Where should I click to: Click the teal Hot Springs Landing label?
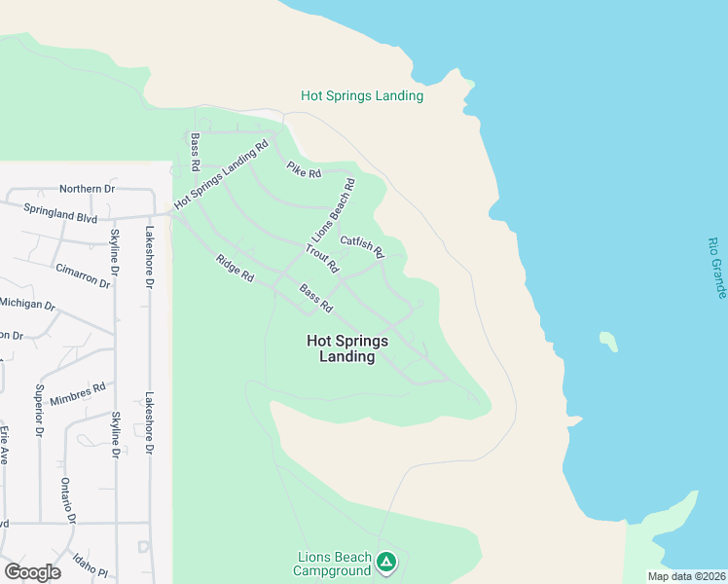coord(362,95)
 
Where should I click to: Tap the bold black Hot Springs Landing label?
coord(347,348)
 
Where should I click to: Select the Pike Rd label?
coord(304,169)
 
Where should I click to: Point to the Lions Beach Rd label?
coord(333,210)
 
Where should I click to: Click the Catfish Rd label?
coord(362,247)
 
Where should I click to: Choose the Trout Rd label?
coord(321,258)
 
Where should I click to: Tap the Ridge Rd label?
coord(235,268)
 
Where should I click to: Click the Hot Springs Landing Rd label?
coord(221,175)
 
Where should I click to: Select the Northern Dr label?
coord(87,189)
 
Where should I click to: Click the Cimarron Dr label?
coord(83,274)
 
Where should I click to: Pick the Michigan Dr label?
coord(26,305)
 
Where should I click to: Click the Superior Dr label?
coord(40,410)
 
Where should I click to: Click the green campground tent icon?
coord(386,562)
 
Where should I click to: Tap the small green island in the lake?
coord(609,342)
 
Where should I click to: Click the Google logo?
coord(32,572)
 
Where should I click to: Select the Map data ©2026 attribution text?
coord(686,576)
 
